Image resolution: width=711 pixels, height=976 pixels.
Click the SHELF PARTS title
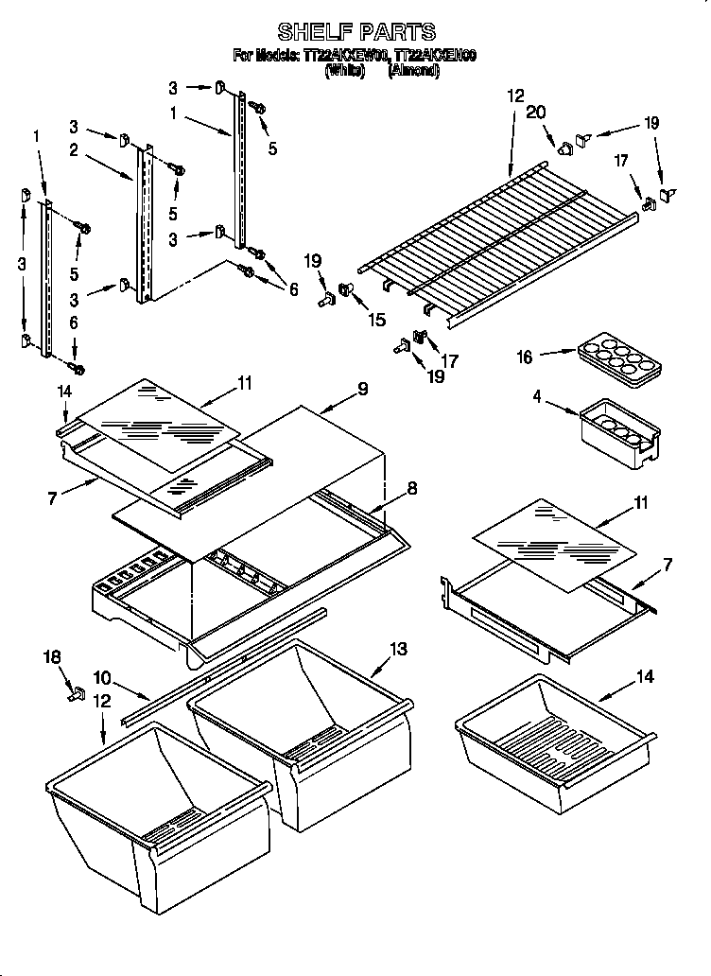(x=355, y=32)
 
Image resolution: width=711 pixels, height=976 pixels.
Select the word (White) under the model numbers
(x=344, y=71)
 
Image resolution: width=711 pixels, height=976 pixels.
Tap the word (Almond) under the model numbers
(x=413, y=71)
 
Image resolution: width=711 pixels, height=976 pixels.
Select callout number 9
(x=362, y=389)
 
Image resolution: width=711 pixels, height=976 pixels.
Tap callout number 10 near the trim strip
(x=101, y=678)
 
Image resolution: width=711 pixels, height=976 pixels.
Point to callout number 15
(x=376, y=320)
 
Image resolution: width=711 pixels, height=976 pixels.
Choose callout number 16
(x=525, y=357)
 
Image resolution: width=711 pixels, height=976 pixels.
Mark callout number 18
(x=51, y=654)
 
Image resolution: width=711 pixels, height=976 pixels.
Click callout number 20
(x=536, y=113)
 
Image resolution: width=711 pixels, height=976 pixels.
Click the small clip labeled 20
(x=565, y=147)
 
